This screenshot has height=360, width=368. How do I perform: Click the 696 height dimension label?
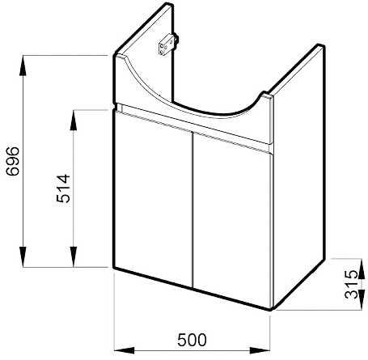13,161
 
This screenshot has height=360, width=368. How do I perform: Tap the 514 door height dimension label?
63,188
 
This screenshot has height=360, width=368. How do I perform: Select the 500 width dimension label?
192,340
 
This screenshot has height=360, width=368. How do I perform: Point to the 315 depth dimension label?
352,284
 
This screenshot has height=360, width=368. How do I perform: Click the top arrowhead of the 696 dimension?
23,66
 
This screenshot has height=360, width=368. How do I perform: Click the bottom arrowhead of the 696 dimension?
23,256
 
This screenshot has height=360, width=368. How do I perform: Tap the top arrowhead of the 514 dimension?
74,120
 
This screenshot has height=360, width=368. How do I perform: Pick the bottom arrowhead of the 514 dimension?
74,256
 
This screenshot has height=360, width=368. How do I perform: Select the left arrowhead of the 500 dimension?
125,350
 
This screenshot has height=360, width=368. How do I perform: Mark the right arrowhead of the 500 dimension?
260,350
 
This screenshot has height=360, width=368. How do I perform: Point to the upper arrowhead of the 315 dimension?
362,266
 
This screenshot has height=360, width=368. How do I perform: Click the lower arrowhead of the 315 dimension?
362,302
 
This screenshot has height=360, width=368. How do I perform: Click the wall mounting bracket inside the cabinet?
168,44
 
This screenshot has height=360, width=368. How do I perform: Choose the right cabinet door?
232,220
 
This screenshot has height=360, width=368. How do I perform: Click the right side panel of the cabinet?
299,176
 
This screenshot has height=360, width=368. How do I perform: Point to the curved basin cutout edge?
188,105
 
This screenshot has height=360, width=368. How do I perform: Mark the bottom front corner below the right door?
270,310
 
